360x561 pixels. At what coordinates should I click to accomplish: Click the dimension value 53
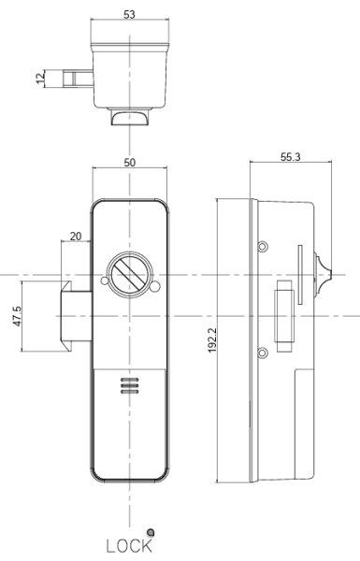click(x=130, y=14)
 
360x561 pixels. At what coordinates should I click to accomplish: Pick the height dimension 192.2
click(x=213, y=341)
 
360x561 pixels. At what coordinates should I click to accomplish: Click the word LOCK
click(x=129, y=546)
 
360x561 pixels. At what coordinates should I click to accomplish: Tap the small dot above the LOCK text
click(x=150, y=530)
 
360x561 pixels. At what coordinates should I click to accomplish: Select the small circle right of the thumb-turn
click(x=156, y=286)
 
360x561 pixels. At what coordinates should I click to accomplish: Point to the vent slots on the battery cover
click(x=130, y=385)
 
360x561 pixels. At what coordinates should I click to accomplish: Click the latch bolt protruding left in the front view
click(x=75, y=318)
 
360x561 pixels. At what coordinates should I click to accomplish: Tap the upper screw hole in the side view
click(x=263, y=246)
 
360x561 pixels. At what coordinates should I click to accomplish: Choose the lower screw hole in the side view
click(x=263, y=352)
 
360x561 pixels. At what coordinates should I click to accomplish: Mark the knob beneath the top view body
click(x=130, y=117)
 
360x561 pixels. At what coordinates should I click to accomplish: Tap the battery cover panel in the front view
click(x=130, y=421)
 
